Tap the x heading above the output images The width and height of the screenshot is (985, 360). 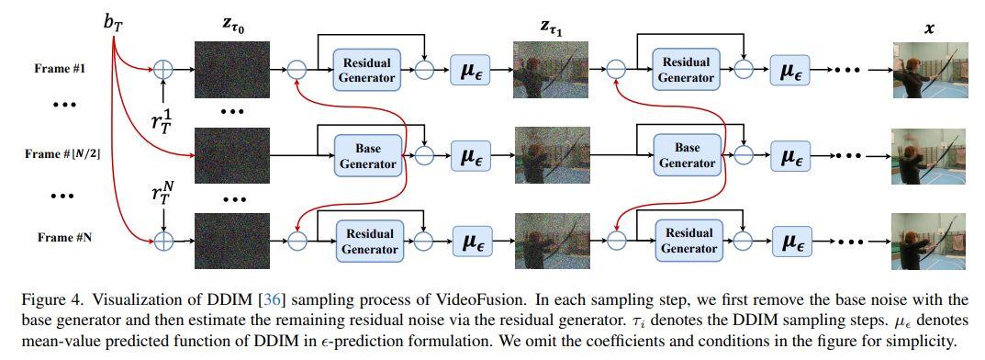pos(929,28)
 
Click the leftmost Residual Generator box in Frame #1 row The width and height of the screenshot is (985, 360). pos(366,70)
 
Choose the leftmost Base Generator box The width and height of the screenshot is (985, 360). pos(366,155)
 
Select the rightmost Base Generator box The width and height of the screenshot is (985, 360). pos(687,155)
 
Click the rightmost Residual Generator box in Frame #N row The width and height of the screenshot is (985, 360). pos(687,240)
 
